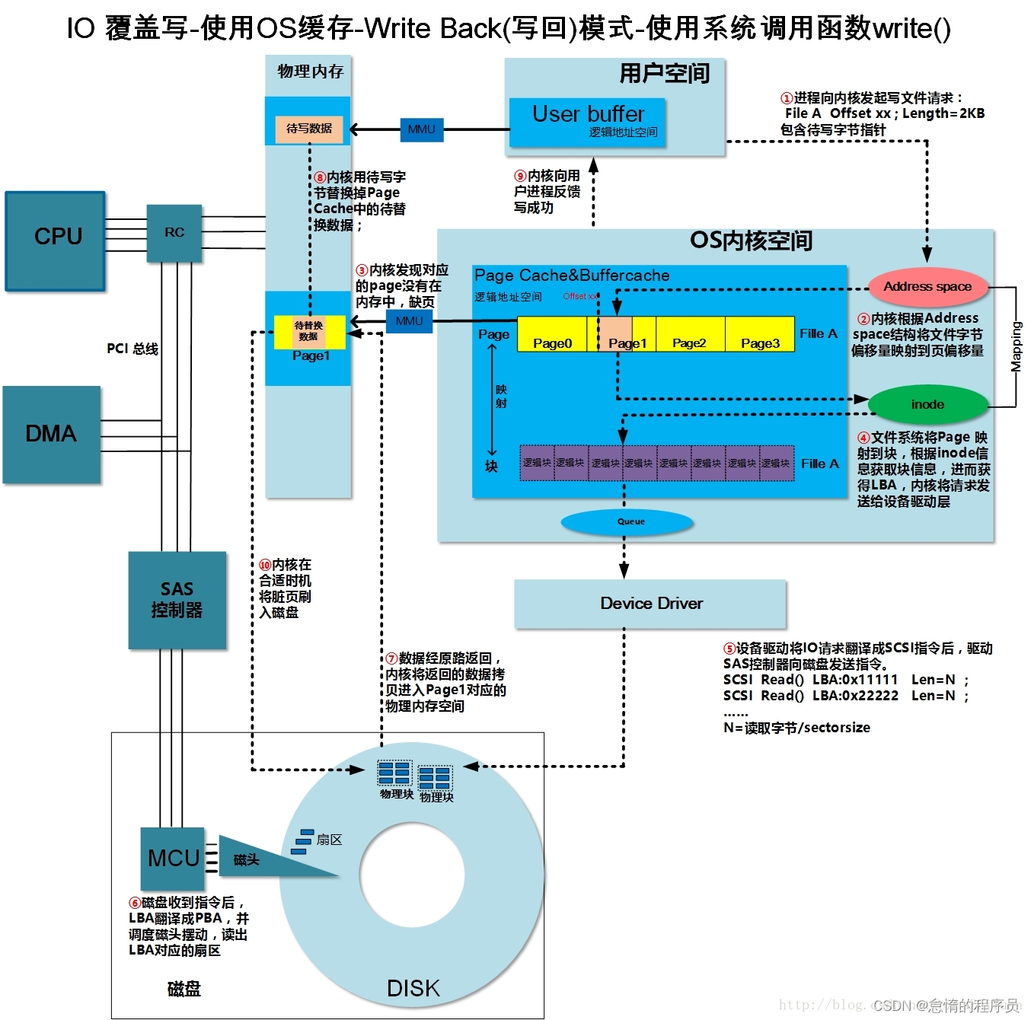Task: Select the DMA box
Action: click(x=52, y=434)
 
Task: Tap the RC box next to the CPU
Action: click(x=174, y=233)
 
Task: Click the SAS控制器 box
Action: click(x=177, y=600)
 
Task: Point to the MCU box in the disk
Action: click(x=173, y=859)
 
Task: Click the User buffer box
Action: click(x=588, y=122)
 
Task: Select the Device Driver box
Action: click(x=650, y=604)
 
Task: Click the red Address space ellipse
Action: click(x=927, y=287)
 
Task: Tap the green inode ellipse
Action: click(x=927, y=404)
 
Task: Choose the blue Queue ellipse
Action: click(x=627, y=522)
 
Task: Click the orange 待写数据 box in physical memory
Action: click(x=309, y=129)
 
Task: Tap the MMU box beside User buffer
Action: click(x=421, y=129)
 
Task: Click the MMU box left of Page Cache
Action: click(x=409, y=321)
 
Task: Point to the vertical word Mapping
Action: click(x=1016, y=347)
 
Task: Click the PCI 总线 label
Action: click(x=132, y=349)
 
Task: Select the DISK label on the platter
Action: click(x=413, y=988)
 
